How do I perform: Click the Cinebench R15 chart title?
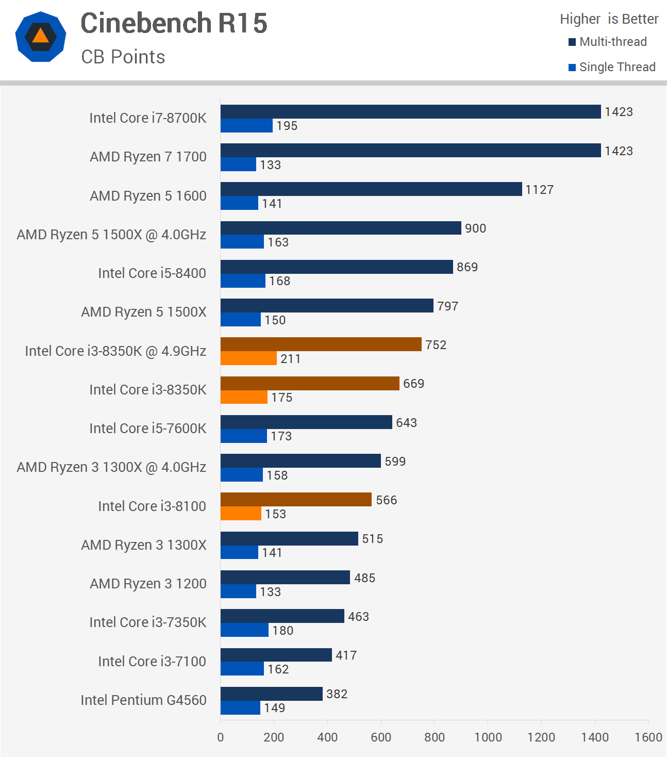tap(174, 24)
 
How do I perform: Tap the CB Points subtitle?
tap(123, 57)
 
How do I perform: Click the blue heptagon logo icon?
tap(41, 37)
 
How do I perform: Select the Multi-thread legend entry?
tap(608, 42)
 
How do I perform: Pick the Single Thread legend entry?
tap(612, 67)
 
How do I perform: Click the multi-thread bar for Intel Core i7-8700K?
tap(410, 111)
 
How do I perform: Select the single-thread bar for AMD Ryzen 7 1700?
tap(238, 164)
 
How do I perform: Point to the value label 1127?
tap(539, 190)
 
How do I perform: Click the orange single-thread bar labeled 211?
tap(248, 358)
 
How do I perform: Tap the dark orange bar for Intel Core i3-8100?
tap(296, 499)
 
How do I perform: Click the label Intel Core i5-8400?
tap(152, 273)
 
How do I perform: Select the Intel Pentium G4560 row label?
tap(143, 700)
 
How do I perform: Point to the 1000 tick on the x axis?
tap(488, 737)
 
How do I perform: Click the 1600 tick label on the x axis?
tap(648, 737)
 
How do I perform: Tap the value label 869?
tap(467, 267)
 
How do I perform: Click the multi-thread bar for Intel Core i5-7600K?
tap(306, 422)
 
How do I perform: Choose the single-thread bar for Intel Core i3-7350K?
tap(244, 630)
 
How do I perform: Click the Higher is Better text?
tap(609, 19)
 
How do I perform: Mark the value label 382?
tap(337, 694)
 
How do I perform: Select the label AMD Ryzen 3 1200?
tap(148, 584)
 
